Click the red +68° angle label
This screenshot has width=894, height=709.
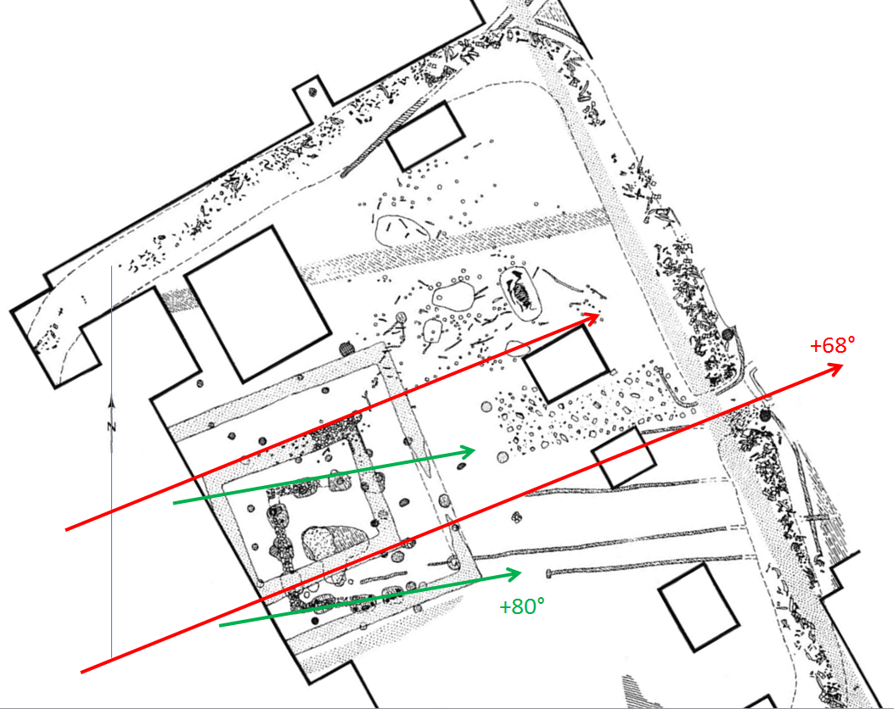[x=832, y=345]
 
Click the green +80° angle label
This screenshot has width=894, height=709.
[x=521, y=606]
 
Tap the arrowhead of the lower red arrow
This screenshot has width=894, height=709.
[x=835, y=370]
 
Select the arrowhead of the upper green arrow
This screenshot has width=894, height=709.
[x=469, y=452]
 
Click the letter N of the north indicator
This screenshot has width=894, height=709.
[x=111, y=427]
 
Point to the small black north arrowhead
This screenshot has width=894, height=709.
[x=112, y=403]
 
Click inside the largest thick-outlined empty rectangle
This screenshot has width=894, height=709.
[x=258, y=304]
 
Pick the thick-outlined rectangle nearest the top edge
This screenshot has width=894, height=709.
[x=425, y=136]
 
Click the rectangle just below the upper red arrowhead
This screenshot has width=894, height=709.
[x=565, y=364]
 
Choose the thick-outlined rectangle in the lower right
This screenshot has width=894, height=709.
[x=699, y=607]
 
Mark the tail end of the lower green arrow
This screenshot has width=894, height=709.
[x=220, y=626]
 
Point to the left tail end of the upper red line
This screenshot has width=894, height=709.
[x=67, y=530]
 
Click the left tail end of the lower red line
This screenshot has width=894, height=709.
[x=82, y=673]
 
